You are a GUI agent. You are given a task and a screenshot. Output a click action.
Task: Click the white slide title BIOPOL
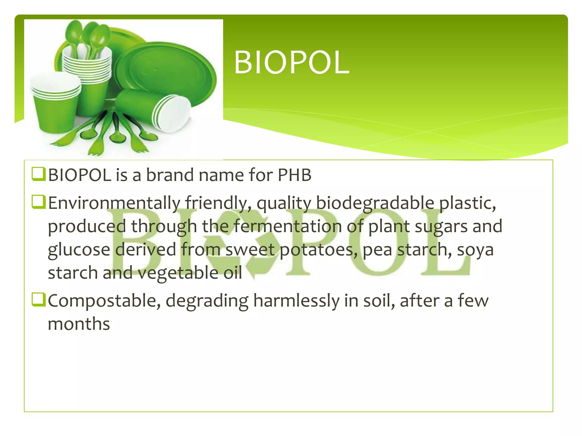pos(292,63)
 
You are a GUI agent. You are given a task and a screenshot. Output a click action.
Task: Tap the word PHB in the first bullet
pos(294,175)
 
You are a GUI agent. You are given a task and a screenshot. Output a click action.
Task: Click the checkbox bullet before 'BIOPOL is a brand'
pos(38,174)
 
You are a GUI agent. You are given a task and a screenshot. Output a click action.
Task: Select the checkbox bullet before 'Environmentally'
pos(38,202)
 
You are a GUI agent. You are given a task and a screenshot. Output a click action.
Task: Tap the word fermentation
pos(287,226)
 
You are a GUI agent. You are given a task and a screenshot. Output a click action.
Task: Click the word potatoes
pos(318,250)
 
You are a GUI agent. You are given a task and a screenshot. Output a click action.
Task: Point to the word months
pos(79,324)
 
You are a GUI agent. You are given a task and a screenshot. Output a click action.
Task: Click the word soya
pos(475,250)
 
